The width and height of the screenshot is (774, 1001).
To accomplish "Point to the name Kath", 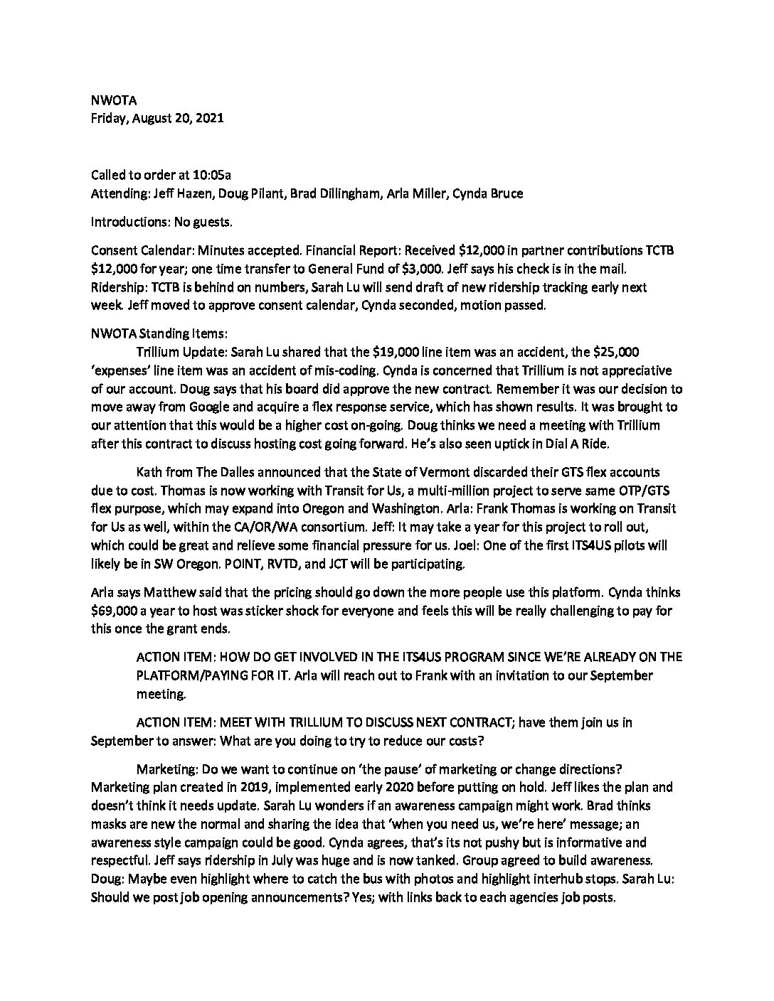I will coord(148,472).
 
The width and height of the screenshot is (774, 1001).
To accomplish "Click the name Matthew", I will coord(160,592).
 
